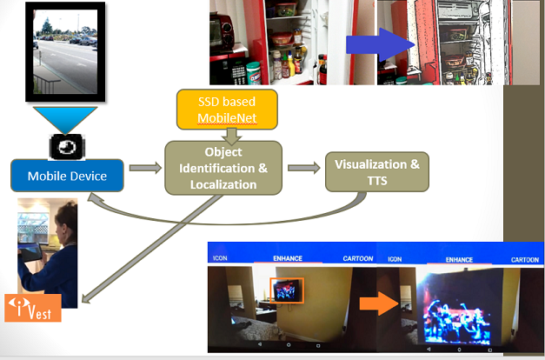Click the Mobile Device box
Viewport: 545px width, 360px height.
coord(67,176)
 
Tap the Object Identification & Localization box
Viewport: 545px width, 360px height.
coord(223,167)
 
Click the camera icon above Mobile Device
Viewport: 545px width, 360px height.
coord(66,146)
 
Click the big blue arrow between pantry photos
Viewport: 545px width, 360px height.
coord(380,47)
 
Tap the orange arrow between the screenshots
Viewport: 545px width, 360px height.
coord(379,303)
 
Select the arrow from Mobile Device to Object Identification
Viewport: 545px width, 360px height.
coord(144,167)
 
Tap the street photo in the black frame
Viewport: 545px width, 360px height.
coord(65,50)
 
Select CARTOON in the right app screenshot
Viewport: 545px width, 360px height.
coord(524,259)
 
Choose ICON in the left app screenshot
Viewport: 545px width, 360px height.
coord(221,259)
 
